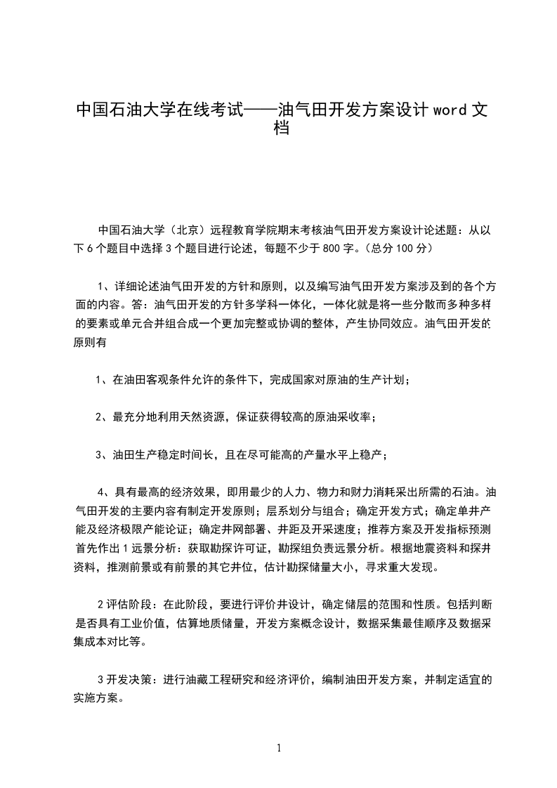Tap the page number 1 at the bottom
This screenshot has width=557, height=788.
pyautogui.click(x=279, y=748)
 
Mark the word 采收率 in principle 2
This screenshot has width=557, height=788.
pyautogui.click(x=355, y=417)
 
